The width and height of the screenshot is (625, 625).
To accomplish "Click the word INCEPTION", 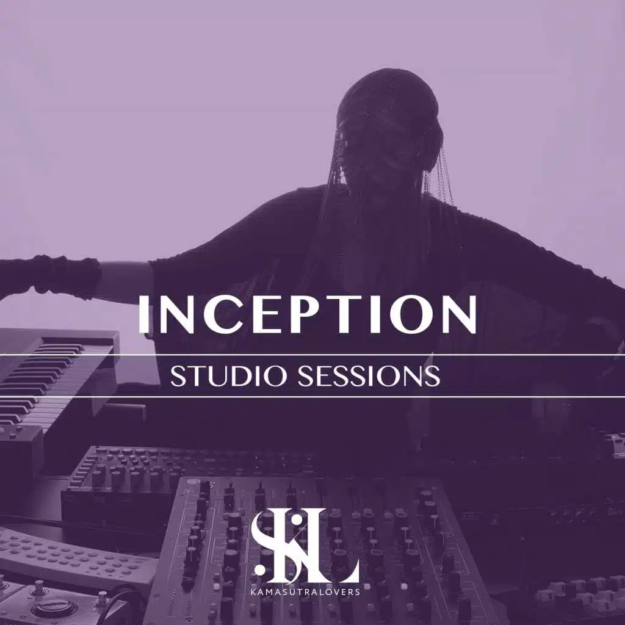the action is (308, 314).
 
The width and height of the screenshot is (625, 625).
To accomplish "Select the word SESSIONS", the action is (369, 376).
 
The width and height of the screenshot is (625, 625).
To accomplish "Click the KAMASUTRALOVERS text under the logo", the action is (305, 591).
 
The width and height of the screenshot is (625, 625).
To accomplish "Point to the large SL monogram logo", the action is (305, 546).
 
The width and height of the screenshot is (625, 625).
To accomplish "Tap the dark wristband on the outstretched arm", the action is (66, 276).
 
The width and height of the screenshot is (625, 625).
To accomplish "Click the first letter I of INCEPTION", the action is (143, 315).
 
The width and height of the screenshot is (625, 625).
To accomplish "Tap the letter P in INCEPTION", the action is (290, 315).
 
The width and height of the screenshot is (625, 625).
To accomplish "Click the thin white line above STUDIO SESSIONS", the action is (312, 355).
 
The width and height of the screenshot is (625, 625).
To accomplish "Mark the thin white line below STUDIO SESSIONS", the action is (312, 397).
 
